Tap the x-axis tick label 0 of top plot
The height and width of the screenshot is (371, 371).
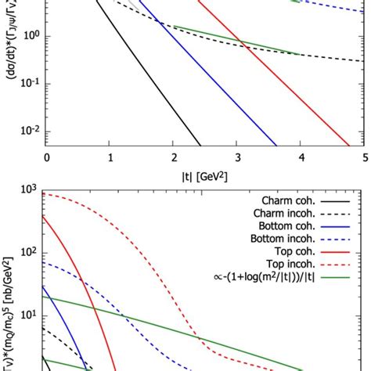(x=47, y=157)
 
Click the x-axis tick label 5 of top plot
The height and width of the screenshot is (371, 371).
(x=366, y=157)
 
